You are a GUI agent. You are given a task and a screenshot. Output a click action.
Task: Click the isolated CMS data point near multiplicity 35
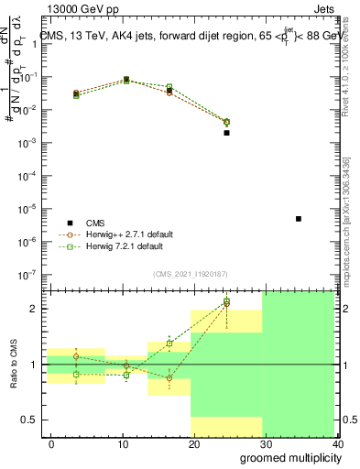[x=299, y=219]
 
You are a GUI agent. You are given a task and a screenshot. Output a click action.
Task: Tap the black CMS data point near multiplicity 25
[x=226, y=133]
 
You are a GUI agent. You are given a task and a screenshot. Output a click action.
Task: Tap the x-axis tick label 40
[x=337, y=445]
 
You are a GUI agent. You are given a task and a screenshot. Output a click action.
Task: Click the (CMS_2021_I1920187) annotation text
[x=191, y=273]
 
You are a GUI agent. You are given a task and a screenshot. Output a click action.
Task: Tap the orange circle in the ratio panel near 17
[x=169, y=378]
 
